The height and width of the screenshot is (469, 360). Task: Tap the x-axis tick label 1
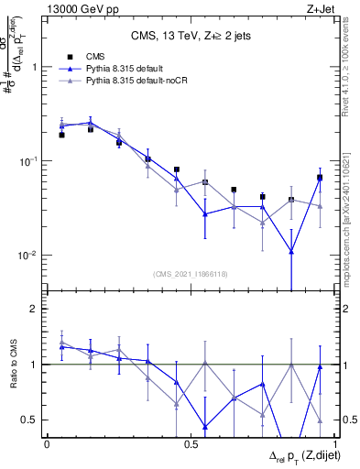[333, 443]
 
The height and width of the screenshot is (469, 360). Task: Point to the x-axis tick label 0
[47, 443]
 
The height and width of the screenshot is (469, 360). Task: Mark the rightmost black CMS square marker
[320, 178]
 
